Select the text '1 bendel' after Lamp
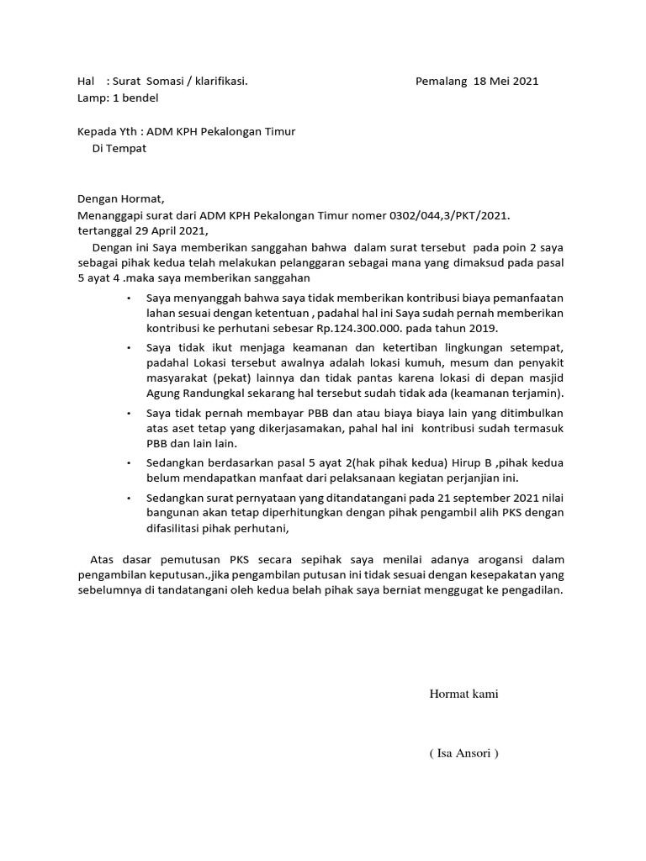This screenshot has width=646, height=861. point(135,98)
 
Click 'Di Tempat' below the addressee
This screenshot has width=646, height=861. point(119,148)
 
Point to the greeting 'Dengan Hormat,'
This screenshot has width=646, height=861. point(121,199)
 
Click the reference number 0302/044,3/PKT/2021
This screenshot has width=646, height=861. point(450,215)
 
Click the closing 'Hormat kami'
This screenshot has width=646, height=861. point(463,694)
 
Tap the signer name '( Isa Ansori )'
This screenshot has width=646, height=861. point(463,753)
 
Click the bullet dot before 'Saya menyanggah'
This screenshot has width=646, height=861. point(128,298)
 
